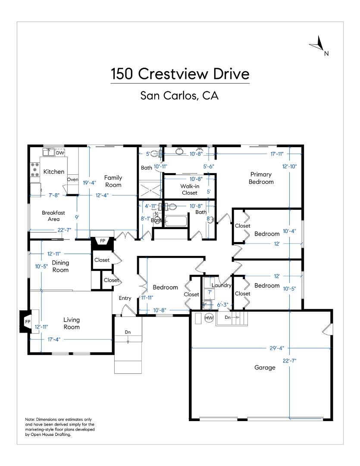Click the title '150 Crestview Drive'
click(x=180, y=74)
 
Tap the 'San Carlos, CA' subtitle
click(x=180, y=96)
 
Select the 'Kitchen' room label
click(x=54, y=172)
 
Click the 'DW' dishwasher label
click(x=60, y=153)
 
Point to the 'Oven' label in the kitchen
click(x=72, y=179)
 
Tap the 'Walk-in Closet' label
click(x=189, y=189)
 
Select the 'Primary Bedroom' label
click(x=261, y=178)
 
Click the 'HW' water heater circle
click(x=209, y=318)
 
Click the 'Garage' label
click(x=265, y=368)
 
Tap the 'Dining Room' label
click(x=60, y=266)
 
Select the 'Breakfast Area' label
click(x=53, y=216)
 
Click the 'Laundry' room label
click(x=222, y=285)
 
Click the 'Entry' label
click(x=125, y=298)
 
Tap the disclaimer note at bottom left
click(x=60, y=427)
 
